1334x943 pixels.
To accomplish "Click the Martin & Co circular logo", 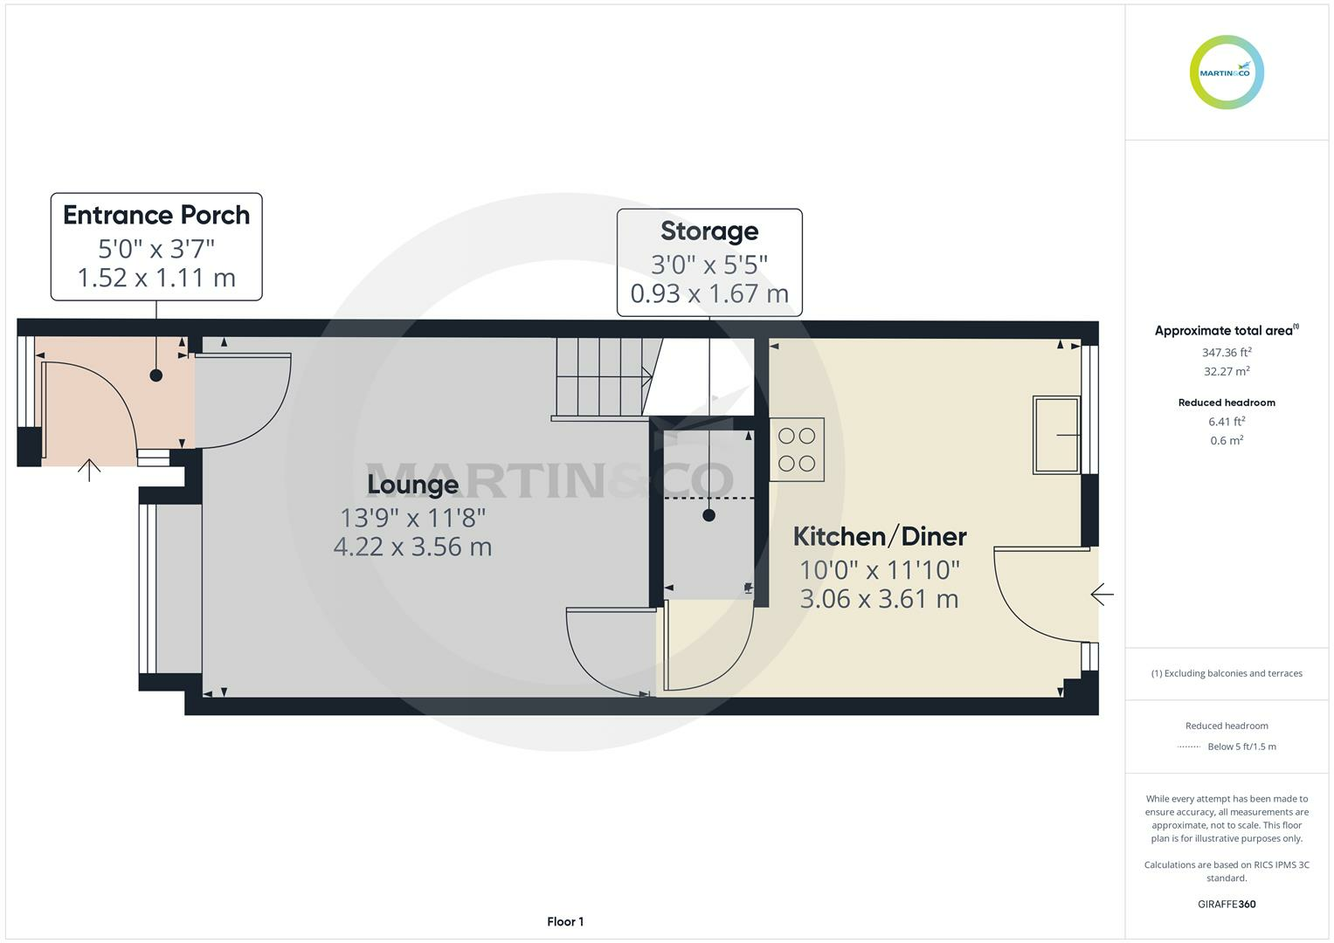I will (1227, 72).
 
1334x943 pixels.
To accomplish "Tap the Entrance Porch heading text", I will (156, 215).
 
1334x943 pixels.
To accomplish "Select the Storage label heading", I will (709, 231).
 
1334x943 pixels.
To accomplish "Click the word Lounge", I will (412, 484).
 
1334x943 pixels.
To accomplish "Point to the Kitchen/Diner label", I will (879, 536).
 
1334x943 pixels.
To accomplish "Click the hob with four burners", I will (797, 450).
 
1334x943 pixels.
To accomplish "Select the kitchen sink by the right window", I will (1056, 434).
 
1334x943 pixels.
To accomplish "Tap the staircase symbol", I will (603, 377).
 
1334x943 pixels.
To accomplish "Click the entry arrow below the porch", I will (89, 470).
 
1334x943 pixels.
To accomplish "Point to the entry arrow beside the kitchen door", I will (1102, 595).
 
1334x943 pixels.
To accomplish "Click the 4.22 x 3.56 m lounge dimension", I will (412, 547).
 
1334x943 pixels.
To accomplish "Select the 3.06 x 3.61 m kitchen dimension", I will (879, 599).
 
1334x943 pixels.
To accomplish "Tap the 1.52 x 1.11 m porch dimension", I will (156, 278).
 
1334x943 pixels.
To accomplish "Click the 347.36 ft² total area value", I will (1227, 353).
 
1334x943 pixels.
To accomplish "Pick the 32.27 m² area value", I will (1227, 371).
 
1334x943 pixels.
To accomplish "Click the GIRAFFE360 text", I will (1227, 904).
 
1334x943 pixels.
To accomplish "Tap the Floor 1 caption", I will (565, 921).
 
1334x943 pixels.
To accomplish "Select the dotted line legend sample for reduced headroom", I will (1189, 747).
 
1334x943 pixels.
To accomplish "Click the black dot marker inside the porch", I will (156, 375).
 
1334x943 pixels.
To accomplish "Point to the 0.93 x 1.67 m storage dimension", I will (709, 293).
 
